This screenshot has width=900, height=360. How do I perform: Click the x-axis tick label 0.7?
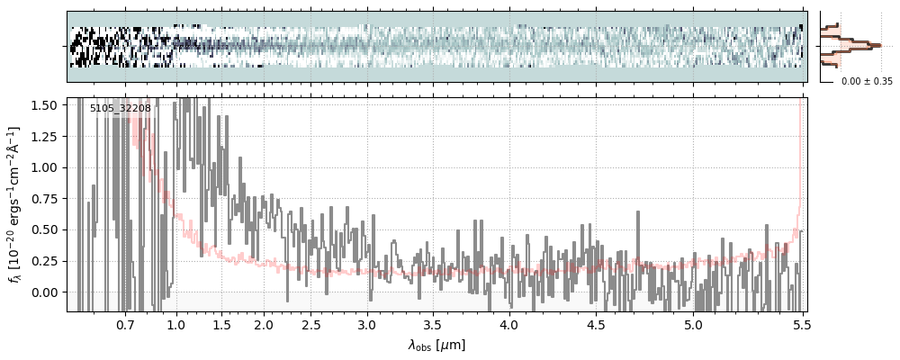pos(125,324)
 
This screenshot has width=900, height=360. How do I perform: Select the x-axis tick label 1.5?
pos(221,324)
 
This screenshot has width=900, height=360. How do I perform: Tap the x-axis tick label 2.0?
pos(264,324)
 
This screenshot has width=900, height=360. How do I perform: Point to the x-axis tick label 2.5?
pos(310,324)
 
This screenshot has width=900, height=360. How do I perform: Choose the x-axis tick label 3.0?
pos(366,324)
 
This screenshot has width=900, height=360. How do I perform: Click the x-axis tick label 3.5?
pos(432,324)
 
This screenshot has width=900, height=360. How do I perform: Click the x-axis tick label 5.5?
pos(797,324)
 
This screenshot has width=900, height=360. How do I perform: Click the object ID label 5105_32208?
pos(121,108)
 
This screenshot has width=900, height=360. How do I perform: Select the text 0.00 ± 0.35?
pos(867,81)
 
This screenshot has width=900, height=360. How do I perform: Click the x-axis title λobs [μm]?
pos(436,344)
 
